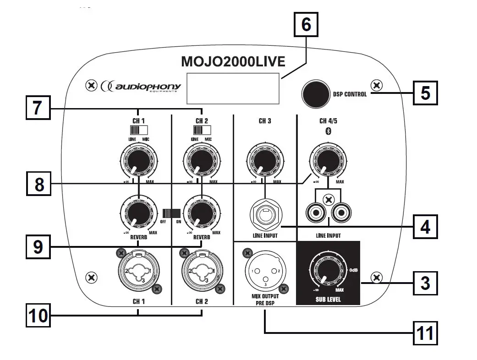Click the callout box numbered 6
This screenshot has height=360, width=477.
click(x=306, y=24)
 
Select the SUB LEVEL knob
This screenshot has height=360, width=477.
click(x=326, y=274)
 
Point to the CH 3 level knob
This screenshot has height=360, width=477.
click(x=264, y=161)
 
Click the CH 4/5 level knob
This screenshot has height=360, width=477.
click(x=327, y=161)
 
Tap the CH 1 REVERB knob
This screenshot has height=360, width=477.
click(x=138, y=213)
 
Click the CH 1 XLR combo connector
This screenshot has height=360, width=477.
click(x=138, y=271)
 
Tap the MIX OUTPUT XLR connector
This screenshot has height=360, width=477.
click(x=264, y=271)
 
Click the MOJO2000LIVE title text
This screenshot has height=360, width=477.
click(x=233, y=61)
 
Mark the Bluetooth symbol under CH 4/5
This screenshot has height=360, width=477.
click(x=327, y=131)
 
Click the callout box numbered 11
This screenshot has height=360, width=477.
click(x=425, y=333)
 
